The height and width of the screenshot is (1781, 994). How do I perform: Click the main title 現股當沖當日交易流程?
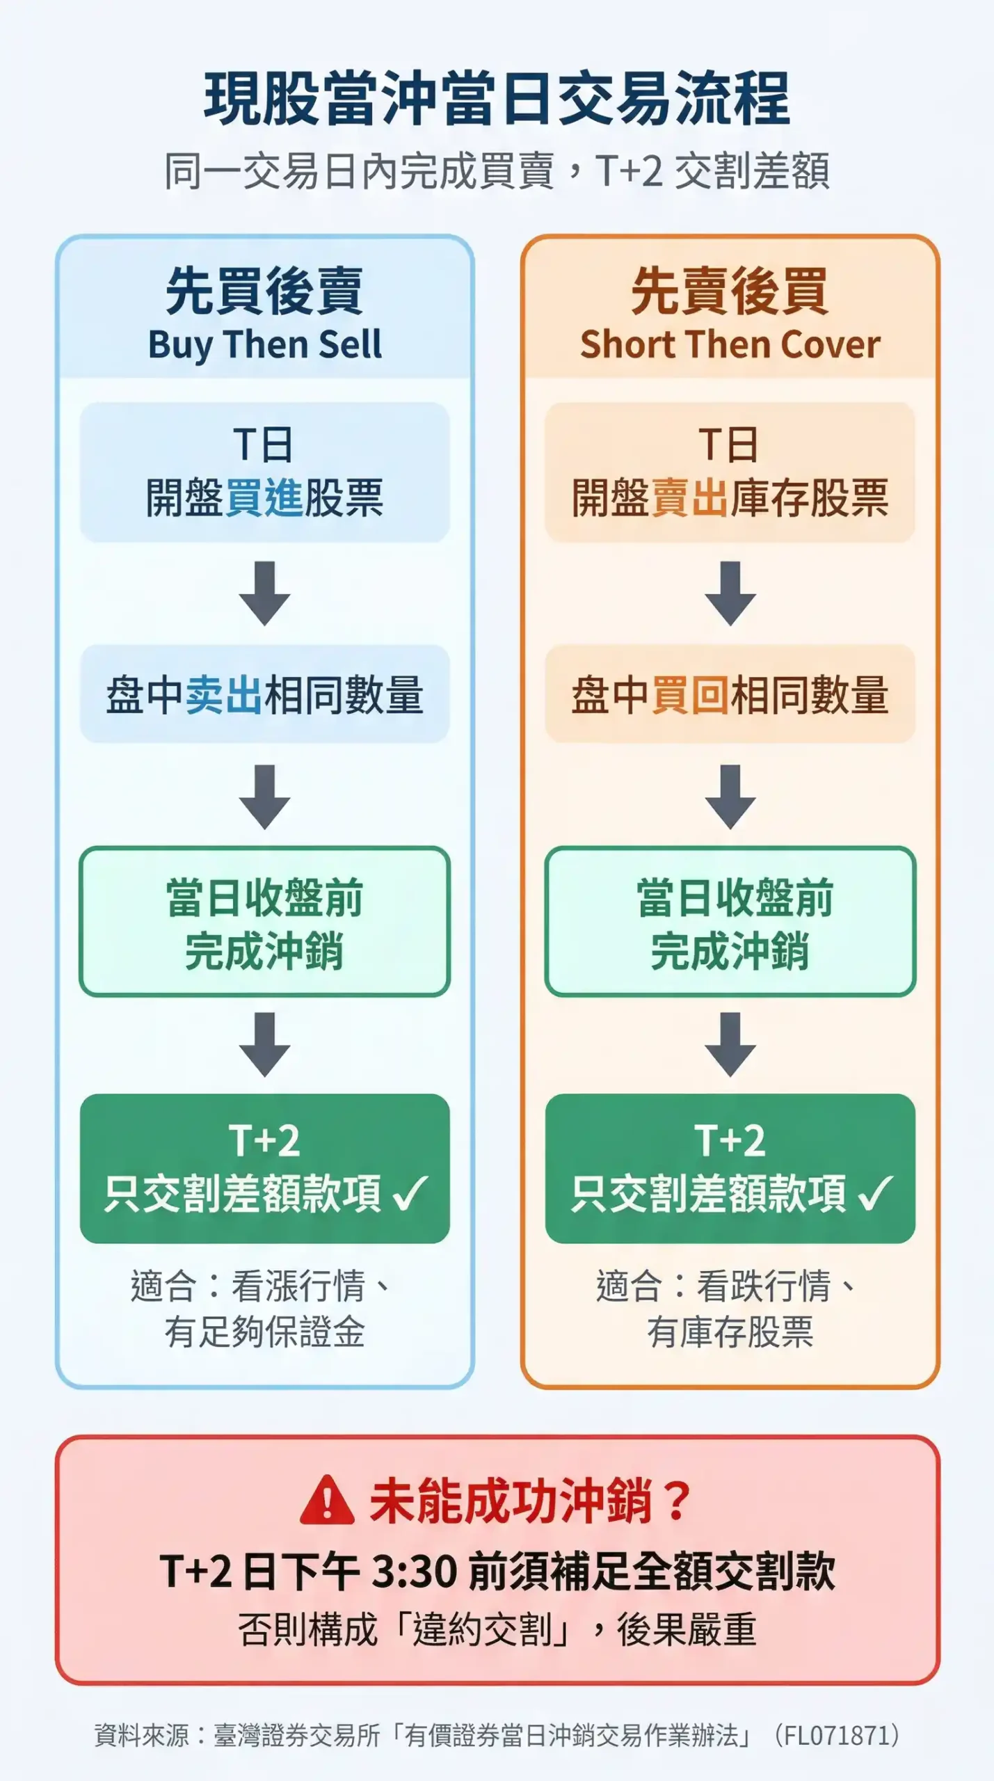coord(497,99)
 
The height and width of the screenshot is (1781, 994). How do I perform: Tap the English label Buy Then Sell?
coord(264,344)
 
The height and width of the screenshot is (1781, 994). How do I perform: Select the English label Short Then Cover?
coord(730,344)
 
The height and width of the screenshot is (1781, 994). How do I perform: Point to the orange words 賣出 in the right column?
coord(689,498)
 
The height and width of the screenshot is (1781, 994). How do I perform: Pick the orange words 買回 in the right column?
coord(689,695)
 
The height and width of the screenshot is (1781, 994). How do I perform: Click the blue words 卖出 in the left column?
coord(224,695)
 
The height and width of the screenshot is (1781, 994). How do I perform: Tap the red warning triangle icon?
coord(327,1501)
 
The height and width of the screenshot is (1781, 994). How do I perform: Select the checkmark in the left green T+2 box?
coord(411,1193)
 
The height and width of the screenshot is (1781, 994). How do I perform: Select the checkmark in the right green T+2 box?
coord(876,1193)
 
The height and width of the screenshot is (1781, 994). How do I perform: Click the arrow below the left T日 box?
coord(264,593)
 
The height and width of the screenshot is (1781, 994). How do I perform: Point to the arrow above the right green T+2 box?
coord(730,1044)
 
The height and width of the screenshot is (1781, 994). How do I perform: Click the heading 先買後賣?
coord(264,291)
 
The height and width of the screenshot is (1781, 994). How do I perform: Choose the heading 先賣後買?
coord(730,291)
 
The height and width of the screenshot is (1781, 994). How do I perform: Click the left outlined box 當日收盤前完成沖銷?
coord(264,922)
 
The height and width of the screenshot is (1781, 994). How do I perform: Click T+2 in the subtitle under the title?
coord(628,171)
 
